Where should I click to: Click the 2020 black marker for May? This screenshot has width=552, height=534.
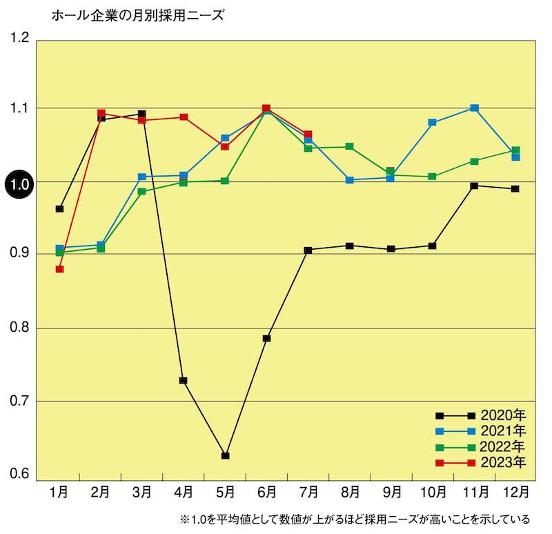click(x=225, y=455)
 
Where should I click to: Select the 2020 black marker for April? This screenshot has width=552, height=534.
click(x=184, y=380)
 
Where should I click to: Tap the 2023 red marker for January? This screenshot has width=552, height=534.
click(x=60, y=269)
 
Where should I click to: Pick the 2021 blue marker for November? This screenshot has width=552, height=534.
click(x=474, y=108)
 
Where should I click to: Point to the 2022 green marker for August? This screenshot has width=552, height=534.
click(x=350, y=146)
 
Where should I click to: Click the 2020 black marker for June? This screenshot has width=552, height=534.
click(x=266, y=338)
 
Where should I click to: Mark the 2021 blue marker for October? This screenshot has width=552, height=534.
click(x=433, y=122)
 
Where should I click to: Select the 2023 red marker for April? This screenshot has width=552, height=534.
click(x=184, y=117)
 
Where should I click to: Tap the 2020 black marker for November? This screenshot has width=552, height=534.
click(x=474, y=186)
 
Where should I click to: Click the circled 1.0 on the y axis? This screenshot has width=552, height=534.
click(x=19, y=184)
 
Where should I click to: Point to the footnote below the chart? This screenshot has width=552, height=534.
click(x=355, y=519)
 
